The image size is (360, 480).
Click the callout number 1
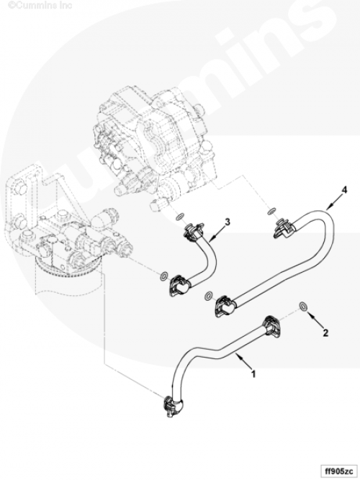(x=253, y=373)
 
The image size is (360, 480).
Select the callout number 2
(x=325, y=332)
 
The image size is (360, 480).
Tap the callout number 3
(x=227, y=222)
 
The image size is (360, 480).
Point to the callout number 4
(x=344, y=190)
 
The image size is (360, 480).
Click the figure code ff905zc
(x=340, y=470)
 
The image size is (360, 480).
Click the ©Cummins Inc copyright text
(x=40, y=5)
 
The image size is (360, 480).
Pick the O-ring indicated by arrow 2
(x=303, y=306)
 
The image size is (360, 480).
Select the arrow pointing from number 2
(x=315, y=320)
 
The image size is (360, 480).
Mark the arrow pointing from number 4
(x=333, y=203)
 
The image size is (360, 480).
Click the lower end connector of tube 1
(x=173, y=405)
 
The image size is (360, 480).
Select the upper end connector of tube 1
(x=272, y=327)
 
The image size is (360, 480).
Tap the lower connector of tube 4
(x=226, y=306)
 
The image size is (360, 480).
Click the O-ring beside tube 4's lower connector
(x=209, y=296)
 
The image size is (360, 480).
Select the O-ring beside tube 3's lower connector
(x=164, y=276)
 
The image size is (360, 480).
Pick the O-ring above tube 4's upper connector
(x=271, y=211)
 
